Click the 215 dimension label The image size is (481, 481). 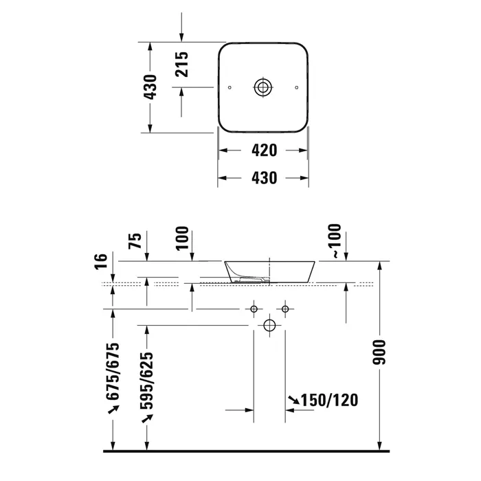pyautogui.click(x=181, y=64)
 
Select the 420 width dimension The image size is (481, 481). pyautogui.click(x=264, y=150)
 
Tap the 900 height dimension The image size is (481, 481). pyautogui.click(x=379, y=352)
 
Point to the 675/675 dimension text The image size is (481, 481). pyautogui.click(x=113, y=372)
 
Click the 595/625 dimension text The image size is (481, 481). pyautogui.click(x=146, y=381)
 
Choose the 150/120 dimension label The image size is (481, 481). pyautogui.click(x=329, y=401)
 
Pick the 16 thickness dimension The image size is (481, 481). pyautogui.click(x=101, y=262)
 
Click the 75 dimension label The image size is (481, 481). pyautogui.click(x=135, y=240)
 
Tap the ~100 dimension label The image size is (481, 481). pyautogui.click(x=335, y=240)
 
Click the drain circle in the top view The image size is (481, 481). pyautogui.click(x=263, y=87)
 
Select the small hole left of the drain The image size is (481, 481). pyautogui.click(x=230, y=88)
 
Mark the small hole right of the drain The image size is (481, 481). pyautogui.click(x=296, y=88)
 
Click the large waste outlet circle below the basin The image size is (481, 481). pyautogui.click(x=269, y=326)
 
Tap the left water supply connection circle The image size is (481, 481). pyautogui.click(x=254, y=309)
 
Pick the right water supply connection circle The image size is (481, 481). pyautogui.click(x=285, y=309)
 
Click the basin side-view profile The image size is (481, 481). pyautogui.click(x=269, y=272)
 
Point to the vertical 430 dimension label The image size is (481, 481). pyautogui.click(x=150, y=87)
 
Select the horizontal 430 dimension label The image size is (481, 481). pyautogui.click(x=264, y=178)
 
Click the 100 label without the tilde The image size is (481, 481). pyautogui.click(x=182, y=238)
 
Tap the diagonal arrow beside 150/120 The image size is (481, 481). pyautogui.click(x=294, y=400)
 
